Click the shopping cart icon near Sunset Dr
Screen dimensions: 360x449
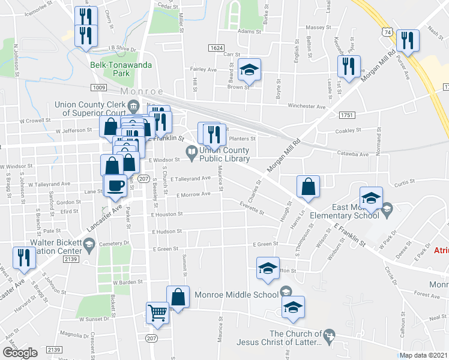[157, 313]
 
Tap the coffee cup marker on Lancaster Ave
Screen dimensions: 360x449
[116, 185]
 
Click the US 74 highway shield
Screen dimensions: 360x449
[389, 31]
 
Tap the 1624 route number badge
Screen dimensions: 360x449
[217, 47]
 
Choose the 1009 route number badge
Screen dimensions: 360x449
[100, 88]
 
